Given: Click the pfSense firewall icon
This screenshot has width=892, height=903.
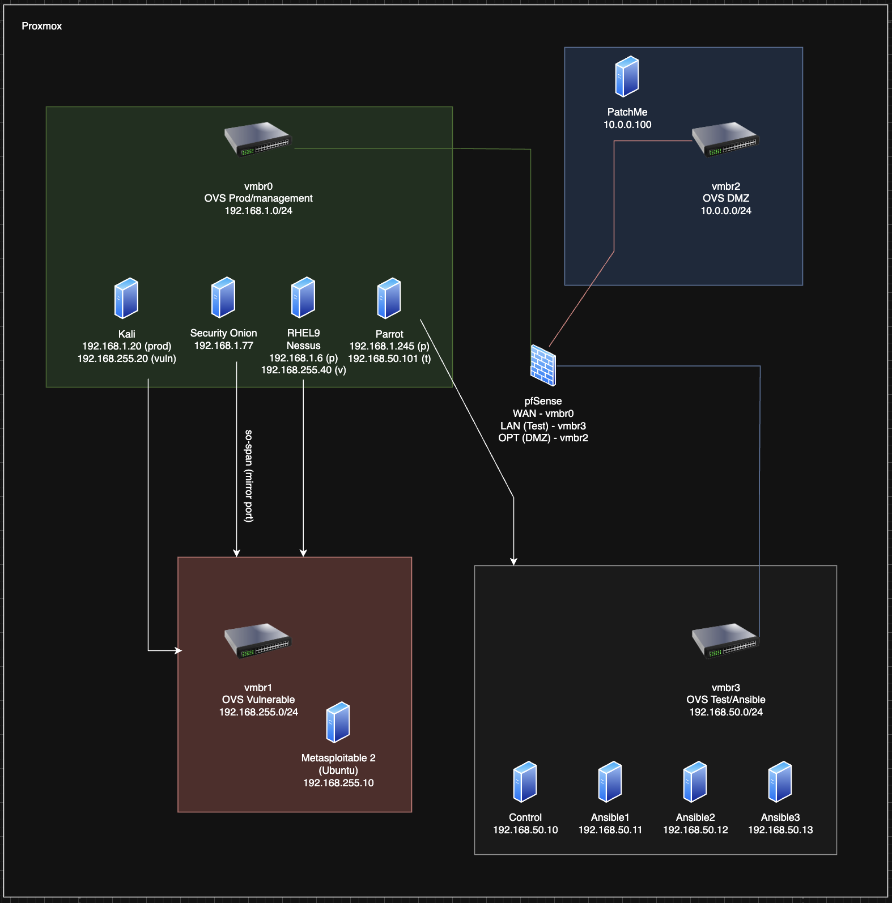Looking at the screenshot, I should tap(543, 365).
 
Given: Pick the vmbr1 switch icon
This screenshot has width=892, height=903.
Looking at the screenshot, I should tap(258, 640).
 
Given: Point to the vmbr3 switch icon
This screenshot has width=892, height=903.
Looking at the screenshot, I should tap(725, 640).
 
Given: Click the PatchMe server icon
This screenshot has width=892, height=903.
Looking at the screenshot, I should tap(627, 76).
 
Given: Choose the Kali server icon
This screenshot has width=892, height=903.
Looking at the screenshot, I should tap(126, 298).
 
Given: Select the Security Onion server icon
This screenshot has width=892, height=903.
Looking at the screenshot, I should tap(223, 297).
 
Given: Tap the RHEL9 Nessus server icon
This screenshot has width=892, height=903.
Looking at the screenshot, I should tap(303, 297).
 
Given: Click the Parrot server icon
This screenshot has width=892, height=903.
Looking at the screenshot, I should tap(389, 299).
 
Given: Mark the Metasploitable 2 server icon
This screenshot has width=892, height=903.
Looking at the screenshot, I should tap(338, 722).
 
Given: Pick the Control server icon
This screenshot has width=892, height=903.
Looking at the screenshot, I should tap(525, 782).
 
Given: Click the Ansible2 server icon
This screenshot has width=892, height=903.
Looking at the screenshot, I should tap(695, 782).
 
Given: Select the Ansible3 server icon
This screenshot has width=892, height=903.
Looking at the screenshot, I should tap(780, 782).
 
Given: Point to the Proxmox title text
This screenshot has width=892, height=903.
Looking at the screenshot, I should tap(42, 26).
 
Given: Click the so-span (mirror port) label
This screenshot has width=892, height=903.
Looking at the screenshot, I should tap(249, 476).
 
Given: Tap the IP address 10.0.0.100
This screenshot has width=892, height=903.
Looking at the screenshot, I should tap(627, 125).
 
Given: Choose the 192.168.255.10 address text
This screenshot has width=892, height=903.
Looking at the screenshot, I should tap(338, 783).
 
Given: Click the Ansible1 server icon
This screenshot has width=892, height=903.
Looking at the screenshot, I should tap(610, 782).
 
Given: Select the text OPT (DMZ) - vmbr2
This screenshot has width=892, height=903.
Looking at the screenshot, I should tap(543, 438).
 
